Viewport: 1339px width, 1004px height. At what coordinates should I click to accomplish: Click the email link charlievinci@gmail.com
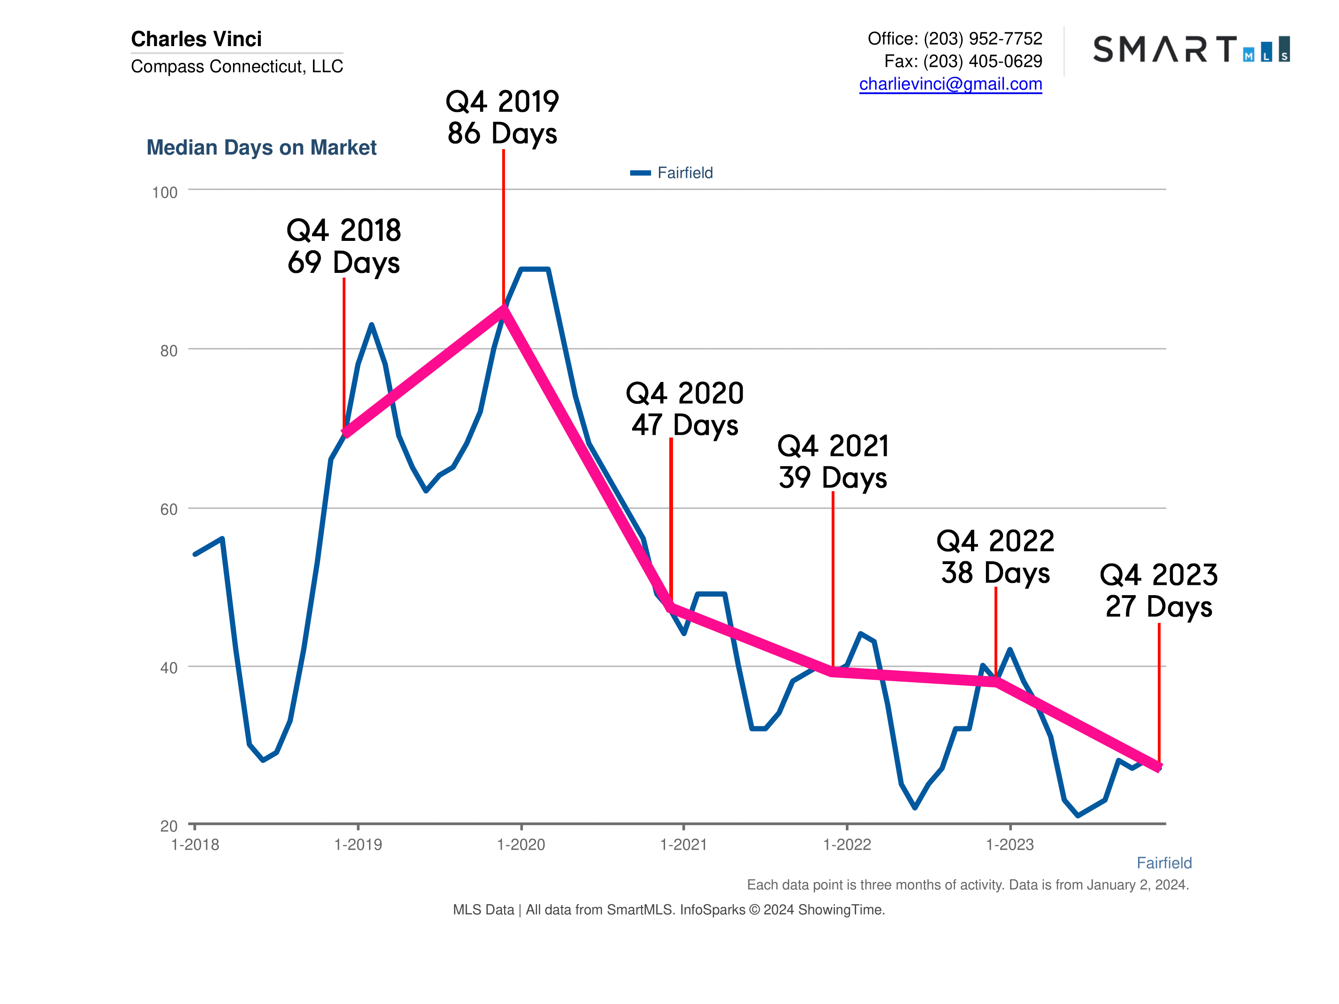click(950, 84)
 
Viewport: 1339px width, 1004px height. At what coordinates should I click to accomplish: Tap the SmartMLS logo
click(1190, 49)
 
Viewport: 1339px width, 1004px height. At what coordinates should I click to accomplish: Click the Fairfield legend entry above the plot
click(672, 173)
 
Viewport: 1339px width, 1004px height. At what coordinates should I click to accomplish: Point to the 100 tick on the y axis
click(165, 193)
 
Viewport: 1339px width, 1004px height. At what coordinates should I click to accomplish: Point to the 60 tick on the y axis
click(168, 510)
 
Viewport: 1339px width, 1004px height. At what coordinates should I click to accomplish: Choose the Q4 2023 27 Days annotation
click(1158, 590)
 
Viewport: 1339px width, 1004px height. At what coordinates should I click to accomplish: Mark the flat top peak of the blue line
click(535, 269)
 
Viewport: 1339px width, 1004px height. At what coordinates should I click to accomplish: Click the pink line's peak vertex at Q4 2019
click(503, 309)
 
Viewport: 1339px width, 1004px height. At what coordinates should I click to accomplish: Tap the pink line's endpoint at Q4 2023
click(1158, 767)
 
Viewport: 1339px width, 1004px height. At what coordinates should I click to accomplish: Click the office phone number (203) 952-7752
click(982, 39)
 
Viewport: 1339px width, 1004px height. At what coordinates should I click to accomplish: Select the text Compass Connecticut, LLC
click(237, 66)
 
